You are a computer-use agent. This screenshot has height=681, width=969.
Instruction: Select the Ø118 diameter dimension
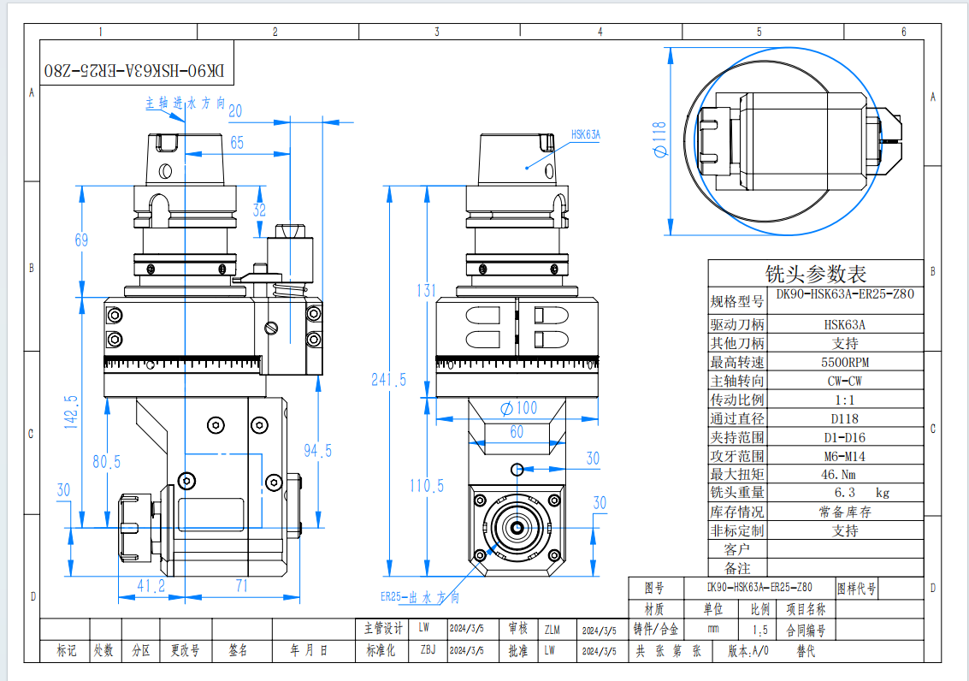(x=659, y=139)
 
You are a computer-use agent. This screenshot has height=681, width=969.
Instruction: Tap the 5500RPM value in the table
(x=845, y=362)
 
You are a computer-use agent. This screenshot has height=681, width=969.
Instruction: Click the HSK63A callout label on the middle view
(x=586, y=134)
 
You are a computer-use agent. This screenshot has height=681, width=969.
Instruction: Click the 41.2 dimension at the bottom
(x=151, y=586)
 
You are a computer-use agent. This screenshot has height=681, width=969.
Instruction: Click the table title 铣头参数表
(x=815, y=274)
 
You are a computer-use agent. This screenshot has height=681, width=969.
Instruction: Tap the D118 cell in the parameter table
(x=845, y=418)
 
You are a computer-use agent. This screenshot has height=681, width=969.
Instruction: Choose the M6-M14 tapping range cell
(x=845, y=456)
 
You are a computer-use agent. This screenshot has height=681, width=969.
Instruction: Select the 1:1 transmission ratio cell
(x=845, y=400)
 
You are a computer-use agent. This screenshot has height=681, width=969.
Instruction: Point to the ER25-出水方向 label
(x=420, y=597)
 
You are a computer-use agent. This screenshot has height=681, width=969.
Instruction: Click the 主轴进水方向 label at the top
(x=185, y=103)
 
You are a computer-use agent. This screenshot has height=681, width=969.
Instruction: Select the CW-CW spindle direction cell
(x=845, y=381)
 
